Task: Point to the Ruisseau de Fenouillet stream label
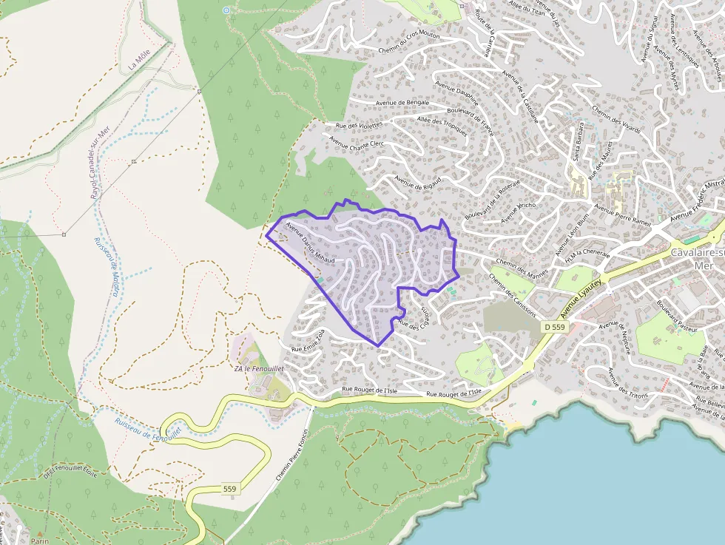click(148, 429)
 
